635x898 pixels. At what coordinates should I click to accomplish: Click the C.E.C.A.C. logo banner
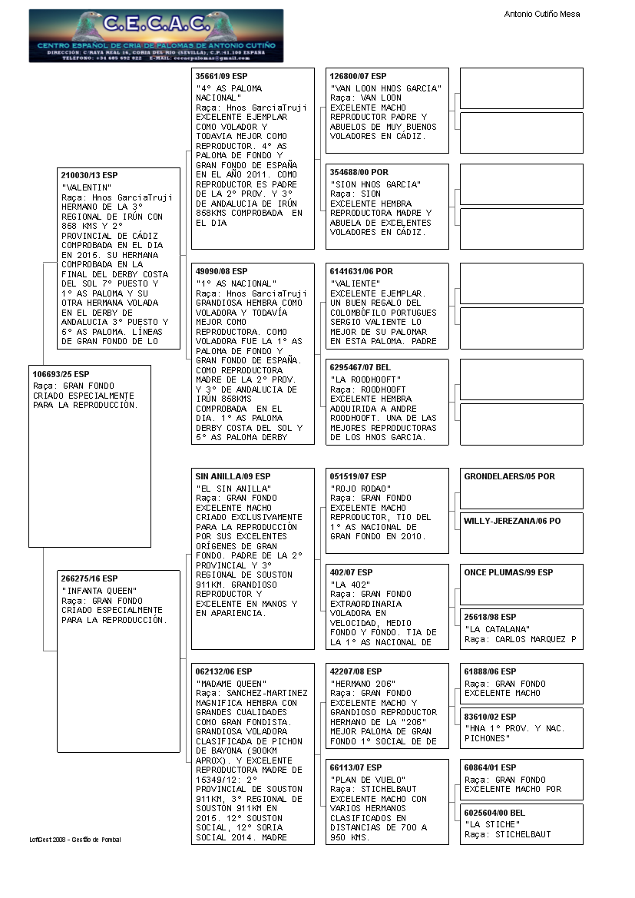(x=156, y=35)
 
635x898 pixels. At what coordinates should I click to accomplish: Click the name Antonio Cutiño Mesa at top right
(x=541, y=14)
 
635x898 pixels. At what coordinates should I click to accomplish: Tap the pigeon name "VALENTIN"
(x=87, y=187)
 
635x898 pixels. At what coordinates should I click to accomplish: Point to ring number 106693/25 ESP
(x=61, y=373)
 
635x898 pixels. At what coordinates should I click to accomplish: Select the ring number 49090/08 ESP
(x=222, y=271)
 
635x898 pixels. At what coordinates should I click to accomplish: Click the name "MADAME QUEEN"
(x=231, y=684)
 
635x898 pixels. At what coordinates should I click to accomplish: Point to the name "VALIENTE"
(x=355, y=283)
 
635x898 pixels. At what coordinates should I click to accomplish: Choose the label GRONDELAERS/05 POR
(x=509, y=476)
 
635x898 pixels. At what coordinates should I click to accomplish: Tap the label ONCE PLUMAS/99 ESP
(x=508, y=572)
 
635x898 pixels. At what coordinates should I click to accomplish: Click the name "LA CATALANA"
(x=497, y=629)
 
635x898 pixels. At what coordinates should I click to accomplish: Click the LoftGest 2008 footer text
(x=75, y=840)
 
